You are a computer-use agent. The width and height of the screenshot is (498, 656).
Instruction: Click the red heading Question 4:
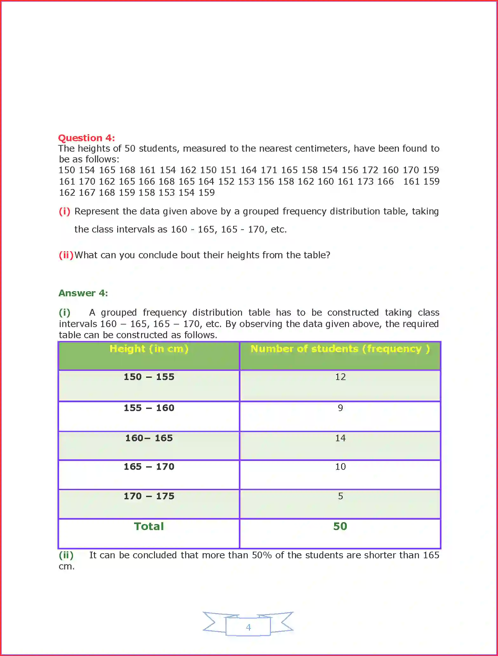pos(86,138)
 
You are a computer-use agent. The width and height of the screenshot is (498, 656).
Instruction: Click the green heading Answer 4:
pos(83,293)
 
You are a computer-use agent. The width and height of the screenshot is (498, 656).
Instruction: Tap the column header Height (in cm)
pos(149,349)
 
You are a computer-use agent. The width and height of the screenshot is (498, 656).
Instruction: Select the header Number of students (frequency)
pos(340,349)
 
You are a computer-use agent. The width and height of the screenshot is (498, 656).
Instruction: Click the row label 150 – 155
pos(149,377)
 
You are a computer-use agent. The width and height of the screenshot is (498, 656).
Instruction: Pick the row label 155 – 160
pos(149,408)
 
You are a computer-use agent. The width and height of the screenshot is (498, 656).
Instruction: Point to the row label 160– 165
pos(149,438)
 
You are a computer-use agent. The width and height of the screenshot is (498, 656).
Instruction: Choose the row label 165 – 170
pos(149,467)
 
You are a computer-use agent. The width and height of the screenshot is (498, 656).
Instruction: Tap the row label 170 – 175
pos(149,496)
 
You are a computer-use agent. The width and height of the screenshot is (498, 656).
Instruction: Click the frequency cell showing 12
pos(340,377)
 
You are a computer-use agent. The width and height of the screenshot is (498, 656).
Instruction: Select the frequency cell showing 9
pos(340,408)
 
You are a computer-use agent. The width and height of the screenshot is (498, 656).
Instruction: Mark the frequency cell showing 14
pos(340,438)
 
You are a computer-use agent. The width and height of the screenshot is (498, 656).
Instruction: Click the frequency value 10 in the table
pos(340,467)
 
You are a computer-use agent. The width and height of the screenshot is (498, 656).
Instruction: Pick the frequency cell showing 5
pos(340,496)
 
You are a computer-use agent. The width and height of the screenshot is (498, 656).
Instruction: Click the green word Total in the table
pos(149,527)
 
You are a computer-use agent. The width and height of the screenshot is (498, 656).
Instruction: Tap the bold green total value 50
pos(340,527)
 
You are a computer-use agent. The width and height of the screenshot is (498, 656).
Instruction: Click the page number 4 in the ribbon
pos(248,627)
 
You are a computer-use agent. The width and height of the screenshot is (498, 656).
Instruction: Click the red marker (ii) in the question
pos(66,255)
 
